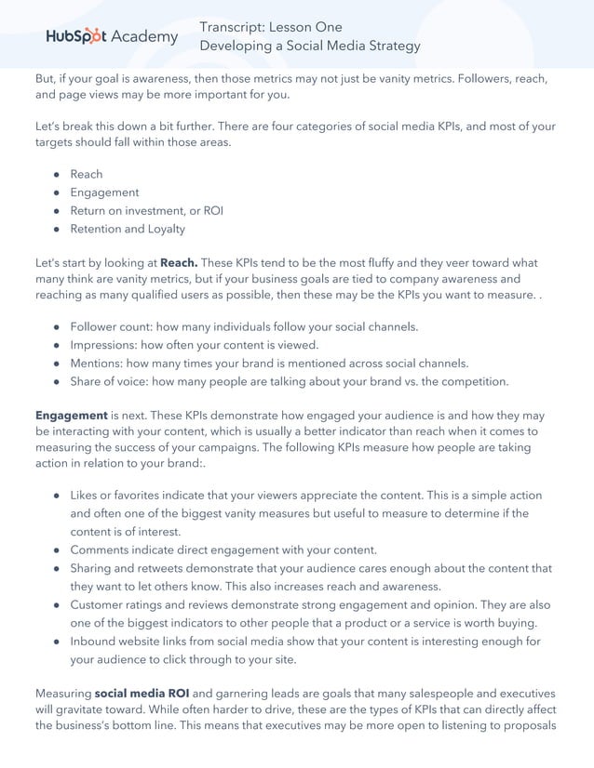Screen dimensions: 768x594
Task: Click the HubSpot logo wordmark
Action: (77, 36)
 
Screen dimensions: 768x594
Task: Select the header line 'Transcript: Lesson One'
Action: (271, 27)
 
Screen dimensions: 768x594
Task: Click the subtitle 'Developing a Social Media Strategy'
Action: (310, 46)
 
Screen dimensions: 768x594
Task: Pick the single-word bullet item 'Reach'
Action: (87, 174)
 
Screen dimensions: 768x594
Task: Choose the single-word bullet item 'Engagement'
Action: (104, 192)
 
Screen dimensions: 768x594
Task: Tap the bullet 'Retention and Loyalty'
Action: (128, 229)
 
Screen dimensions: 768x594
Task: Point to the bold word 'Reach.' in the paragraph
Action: (179, 263)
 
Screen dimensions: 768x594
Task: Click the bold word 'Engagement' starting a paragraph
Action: (71, 416)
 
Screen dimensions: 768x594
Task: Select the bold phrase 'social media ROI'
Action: (142, 694)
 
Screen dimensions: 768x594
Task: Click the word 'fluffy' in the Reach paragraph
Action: (365, 263)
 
